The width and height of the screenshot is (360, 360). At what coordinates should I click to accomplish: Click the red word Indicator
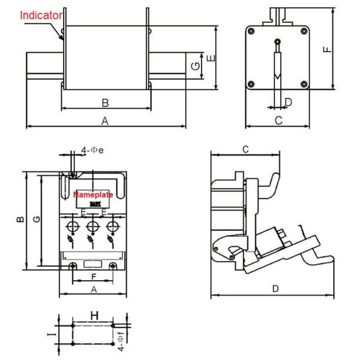click(41, 15)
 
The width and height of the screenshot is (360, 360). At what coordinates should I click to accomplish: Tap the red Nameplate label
click(93, 195)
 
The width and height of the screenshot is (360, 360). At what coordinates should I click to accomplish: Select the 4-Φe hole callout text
click(92, 150)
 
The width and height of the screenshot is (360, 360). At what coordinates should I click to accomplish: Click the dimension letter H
click(94, 316)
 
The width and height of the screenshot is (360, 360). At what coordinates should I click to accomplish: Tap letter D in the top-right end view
click(289, 102)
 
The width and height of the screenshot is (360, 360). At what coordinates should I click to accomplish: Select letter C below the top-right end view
click(278, 120)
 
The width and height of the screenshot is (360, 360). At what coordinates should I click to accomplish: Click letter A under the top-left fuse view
click(104, 121)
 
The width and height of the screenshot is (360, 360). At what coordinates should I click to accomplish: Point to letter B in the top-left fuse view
click(104, 103)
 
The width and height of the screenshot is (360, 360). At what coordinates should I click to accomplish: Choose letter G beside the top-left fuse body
click(196, 67)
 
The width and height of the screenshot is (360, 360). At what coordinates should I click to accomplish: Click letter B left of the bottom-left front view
click(20, 220)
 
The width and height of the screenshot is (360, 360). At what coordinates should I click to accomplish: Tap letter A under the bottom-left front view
click(93, 289)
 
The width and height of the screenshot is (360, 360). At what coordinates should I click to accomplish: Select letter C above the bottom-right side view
click(245, 149)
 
